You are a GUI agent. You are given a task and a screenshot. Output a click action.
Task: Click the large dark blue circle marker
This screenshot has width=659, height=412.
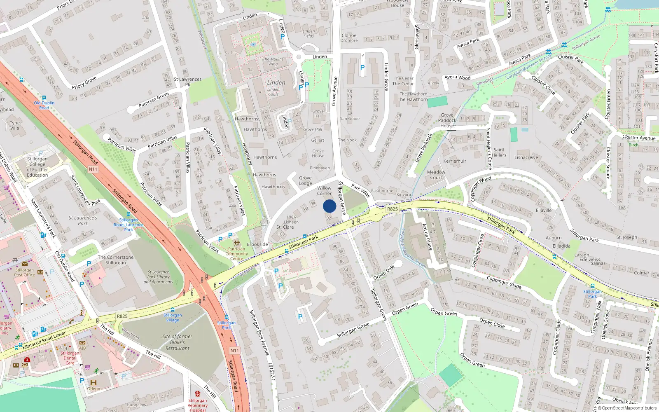point(329,206)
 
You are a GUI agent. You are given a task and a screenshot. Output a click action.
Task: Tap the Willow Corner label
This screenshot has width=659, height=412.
point(324,191)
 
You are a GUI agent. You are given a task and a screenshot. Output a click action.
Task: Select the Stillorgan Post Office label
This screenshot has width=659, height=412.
point(25,272)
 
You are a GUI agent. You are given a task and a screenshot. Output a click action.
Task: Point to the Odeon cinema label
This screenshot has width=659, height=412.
point(93,389)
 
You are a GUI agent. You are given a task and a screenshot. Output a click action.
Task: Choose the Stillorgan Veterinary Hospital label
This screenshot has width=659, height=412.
point(198,405)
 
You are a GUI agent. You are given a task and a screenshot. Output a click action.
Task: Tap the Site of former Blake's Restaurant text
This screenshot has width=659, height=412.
point(177,342)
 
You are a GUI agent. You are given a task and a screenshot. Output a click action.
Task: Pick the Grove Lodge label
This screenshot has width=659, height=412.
point(305,180)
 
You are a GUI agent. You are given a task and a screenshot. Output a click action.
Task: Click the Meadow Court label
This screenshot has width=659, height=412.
point(436,175)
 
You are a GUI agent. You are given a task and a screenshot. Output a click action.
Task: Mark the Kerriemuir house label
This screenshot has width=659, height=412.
point(455,161)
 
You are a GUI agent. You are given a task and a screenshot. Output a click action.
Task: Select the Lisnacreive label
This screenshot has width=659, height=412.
point(526,157)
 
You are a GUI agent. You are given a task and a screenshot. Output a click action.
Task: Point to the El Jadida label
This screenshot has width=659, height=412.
point(561,246)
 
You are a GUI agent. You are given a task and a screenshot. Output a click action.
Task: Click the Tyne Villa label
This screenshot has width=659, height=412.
point(14,125)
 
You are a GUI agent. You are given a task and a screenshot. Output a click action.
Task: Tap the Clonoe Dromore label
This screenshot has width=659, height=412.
point(349,38)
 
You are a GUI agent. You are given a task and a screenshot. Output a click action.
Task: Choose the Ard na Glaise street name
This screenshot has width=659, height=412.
point(426,237)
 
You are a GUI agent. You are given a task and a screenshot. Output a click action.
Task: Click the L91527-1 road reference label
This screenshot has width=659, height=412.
point(271,372)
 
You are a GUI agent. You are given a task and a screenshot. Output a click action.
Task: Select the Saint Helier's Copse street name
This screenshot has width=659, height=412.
point(489,149)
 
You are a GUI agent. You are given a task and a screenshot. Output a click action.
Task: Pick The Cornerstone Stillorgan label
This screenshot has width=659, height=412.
point(116,260)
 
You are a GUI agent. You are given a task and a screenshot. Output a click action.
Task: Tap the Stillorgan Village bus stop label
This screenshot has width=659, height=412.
point(173,318)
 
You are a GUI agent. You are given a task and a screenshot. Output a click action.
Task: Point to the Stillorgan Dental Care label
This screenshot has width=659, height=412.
point(70,358)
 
